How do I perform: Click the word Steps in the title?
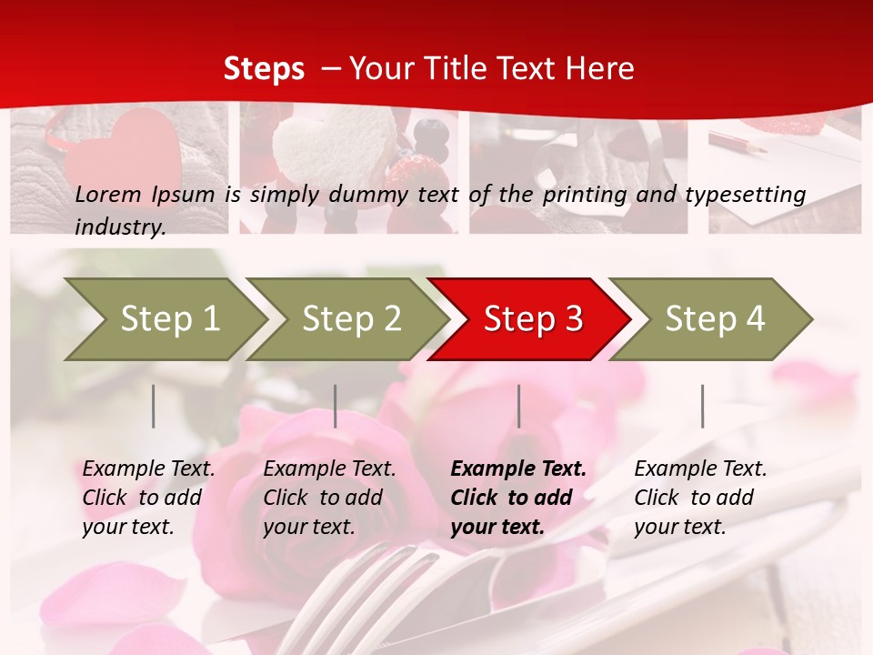pos(264,69)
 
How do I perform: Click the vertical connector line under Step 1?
pos(154,406)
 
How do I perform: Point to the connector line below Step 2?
pos(336,406)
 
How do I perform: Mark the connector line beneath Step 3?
pos(518,406)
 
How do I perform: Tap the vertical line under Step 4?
pos(702,406)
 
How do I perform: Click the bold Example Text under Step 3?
pos(518,498)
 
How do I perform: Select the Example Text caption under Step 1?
pos(148,498)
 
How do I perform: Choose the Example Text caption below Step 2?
pos(329,498)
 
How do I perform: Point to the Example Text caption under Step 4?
pos(700,498)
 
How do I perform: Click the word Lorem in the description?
pos(108,194)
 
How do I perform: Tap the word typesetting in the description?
pos(751,195)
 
